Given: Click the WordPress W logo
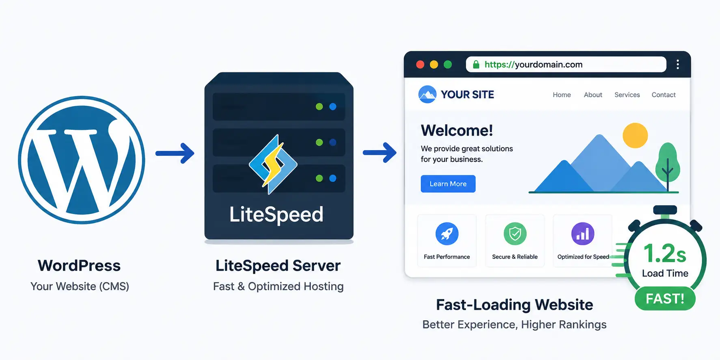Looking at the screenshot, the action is click(82, 160).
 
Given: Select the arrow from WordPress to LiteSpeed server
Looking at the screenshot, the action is click(175, 153).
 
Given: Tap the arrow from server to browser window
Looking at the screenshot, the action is click(379, 153).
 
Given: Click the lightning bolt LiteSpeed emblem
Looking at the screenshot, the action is click(273, 164).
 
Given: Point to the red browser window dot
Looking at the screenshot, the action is click(420, 65).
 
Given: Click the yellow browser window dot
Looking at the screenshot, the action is click(434, 65).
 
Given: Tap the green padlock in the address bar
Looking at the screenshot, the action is click(476, 65).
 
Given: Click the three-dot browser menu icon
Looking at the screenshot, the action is click(678, 65).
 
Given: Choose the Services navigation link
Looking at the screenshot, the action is click(627, 95).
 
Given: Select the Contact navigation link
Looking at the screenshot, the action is click(664, 95).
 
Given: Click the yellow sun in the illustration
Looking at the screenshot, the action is click(635, 136).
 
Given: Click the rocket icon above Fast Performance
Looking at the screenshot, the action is click(447, 234).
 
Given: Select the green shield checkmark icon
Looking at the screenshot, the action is click(515, 234).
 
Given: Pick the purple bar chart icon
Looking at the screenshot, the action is click(583, 234).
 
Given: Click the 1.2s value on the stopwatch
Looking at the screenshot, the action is click(665, 254).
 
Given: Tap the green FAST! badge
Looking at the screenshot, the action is click(665, 299).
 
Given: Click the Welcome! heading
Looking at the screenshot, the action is click(457, 130).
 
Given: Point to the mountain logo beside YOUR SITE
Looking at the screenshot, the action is click(427, 95).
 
